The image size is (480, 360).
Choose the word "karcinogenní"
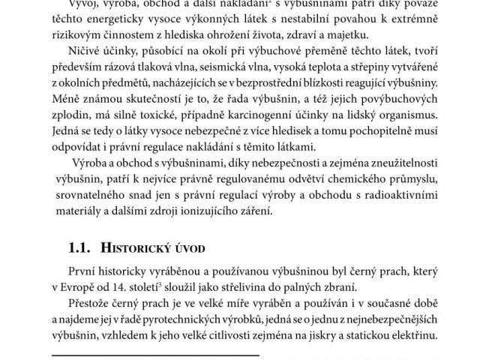point(281,116)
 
